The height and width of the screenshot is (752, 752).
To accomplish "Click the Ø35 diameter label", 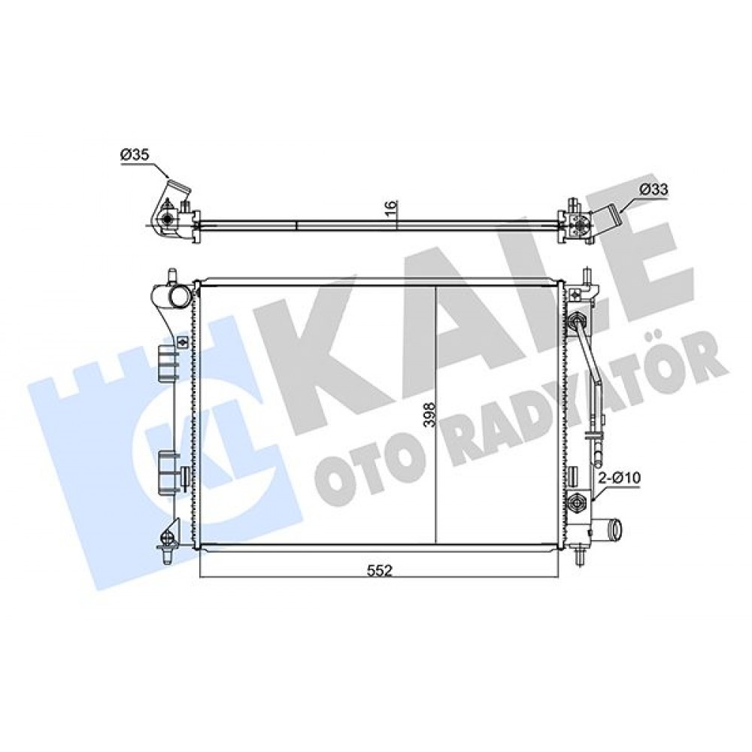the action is [135, 155].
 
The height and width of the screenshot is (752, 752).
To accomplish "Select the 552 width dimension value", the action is [380, 571].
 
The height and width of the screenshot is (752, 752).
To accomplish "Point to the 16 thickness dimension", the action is [392, 208].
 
